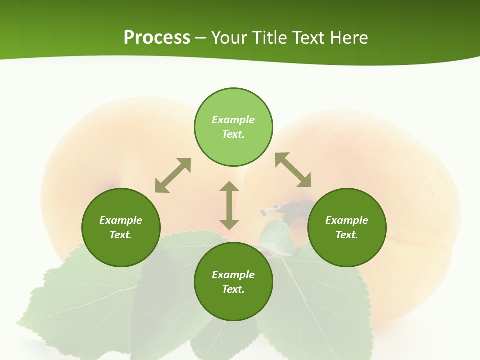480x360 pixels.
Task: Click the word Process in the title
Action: tap(157, 38)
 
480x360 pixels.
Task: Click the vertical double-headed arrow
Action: tap(229, 205)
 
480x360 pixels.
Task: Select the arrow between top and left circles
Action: tap(173, 175)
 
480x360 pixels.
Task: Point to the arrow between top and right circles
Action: tap(293, 170)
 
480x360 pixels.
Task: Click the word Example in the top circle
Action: tap(233, 120)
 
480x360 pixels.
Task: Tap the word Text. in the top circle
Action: tap(233, 134)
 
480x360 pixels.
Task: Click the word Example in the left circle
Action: tap(121, 220)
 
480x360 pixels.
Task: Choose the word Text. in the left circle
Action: tap(121, 235)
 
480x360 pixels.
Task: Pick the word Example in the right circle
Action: tap(347, 220)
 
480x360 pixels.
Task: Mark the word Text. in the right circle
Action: tap(347, 235)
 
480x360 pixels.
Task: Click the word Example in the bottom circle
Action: tap(233, 275)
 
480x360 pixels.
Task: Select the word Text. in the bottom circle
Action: tap(233, 289)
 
